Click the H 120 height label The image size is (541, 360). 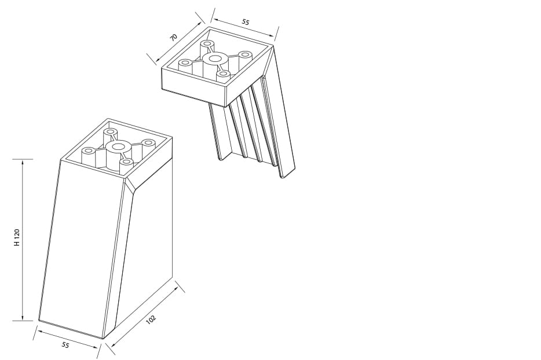(17, 238)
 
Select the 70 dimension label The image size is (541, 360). (173, 37)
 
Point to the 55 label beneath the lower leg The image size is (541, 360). (65, 345)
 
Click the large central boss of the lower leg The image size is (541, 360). (119, 148)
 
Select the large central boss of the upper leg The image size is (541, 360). (215, 58)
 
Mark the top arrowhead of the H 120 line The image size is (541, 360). (23, 163)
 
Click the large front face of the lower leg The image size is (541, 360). (81, 249)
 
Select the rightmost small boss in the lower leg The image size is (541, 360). (149, 143)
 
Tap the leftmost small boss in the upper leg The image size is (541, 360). (185, 63)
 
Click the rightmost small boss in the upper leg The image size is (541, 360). (246, 55)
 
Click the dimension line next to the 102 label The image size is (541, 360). (145, 316)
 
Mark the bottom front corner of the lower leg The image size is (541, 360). (104, 338)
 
